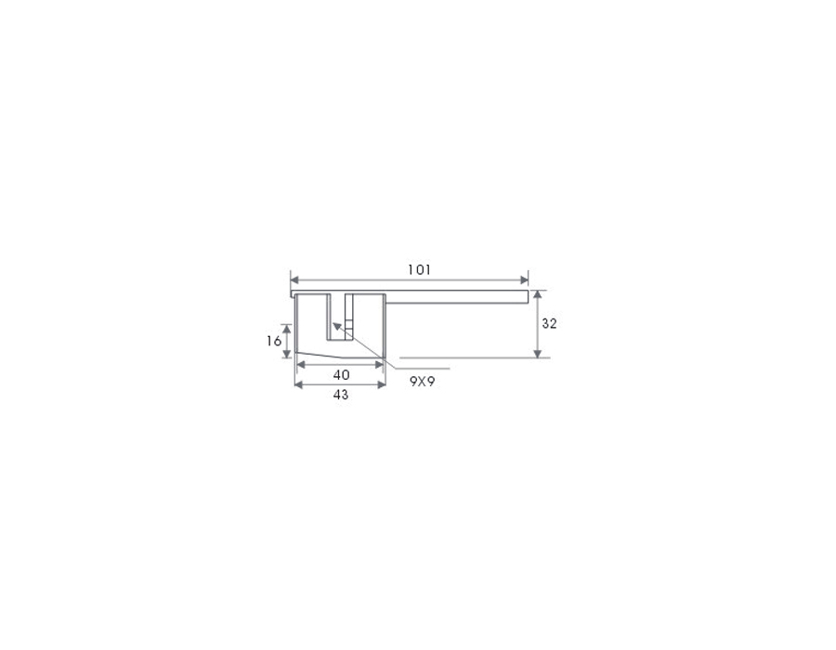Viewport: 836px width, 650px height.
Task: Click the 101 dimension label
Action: [x=419, y=270]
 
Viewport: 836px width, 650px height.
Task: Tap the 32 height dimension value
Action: [x=549, y=323]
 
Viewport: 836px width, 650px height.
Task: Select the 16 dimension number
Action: [x=274, y=341]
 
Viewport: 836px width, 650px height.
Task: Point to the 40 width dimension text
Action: [x=341, y=375]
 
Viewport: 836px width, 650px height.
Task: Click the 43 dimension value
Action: [x=341, y=395]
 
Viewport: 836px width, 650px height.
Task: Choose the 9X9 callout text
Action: [x=423, y=382]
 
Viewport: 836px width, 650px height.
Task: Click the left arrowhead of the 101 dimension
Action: [x=294, y=280]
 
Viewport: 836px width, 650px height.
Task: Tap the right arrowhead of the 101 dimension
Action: [x=524, y=280]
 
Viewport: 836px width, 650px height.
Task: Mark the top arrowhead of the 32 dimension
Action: [x=538, y=294]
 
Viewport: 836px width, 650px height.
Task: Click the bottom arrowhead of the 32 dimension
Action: [x=538, y=354]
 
